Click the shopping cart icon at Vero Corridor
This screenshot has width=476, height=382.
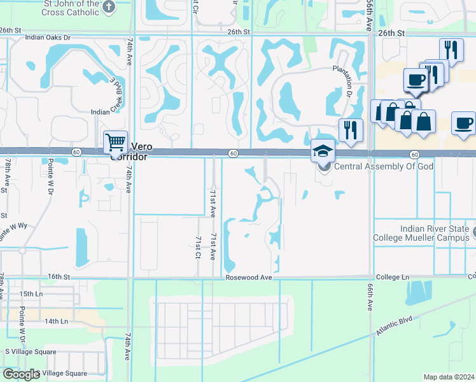click(x=115, y=142)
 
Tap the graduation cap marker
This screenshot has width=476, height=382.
click(x=323, y=152)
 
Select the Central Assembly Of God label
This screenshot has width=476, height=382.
click(x=384, y=167)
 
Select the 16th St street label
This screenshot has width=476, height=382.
click(x=58, y=277)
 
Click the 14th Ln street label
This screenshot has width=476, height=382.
click(x=58, y=322)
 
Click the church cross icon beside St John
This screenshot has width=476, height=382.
click(x=109, y=6)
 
